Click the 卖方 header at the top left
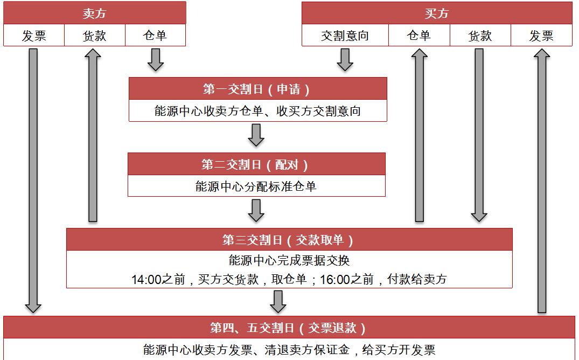coord(95,13)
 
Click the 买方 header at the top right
coord(437,13)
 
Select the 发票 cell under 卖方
coord(34,36)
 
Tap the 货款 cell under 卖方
coord(95,36)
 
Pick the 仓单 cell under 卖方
coord(155,36)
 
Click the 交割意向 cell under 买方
coord(345,36)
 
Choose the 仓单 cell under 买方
coord(419,36)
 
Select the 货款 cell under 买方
coord(480,36)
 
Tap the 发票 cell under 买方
coord(541,36)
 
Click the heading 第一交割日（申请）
coord(257,89)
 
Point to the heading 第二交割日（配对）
coord(255,164)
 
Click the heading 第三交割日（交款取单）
coord(289,240)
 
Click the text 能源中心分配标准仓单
coord(256,186)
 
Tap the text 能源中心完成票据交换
coord(289,260)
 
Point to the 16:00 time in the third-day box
coord(334,279)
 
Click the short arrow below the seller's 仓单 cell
coord(156,59)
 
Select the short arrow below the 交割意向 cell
coord(345,59)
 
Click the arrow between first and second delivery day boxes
coord(256,135)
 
